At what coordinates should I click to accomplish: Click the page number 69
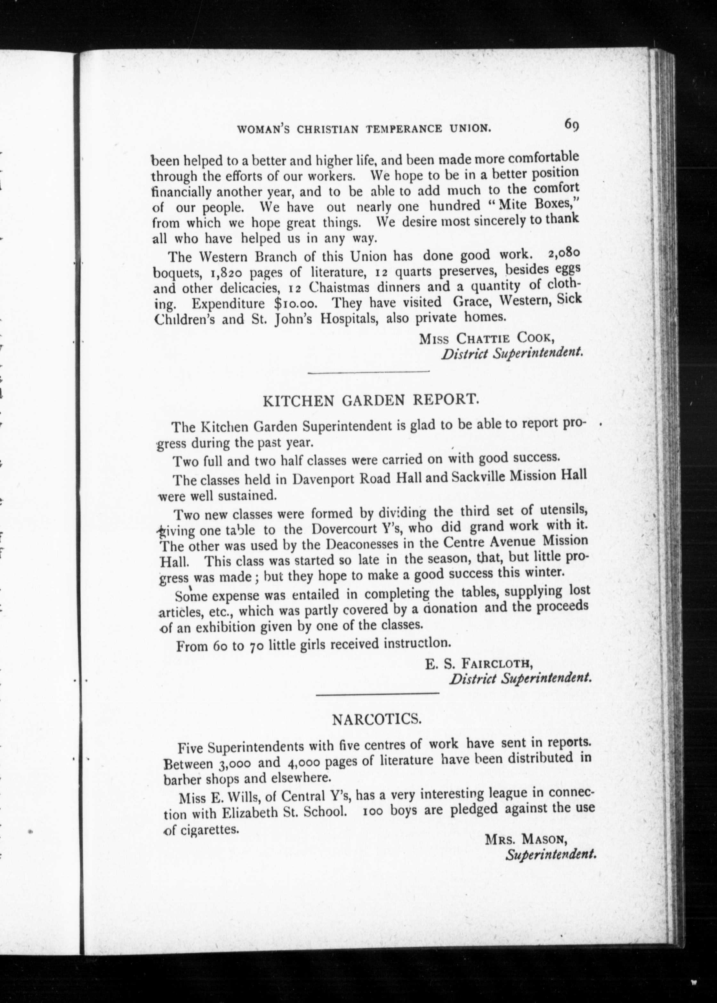tap(570, 125)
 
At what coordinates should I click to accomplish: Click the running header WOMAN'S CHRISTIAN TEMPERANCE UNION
tap(364, 129)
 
